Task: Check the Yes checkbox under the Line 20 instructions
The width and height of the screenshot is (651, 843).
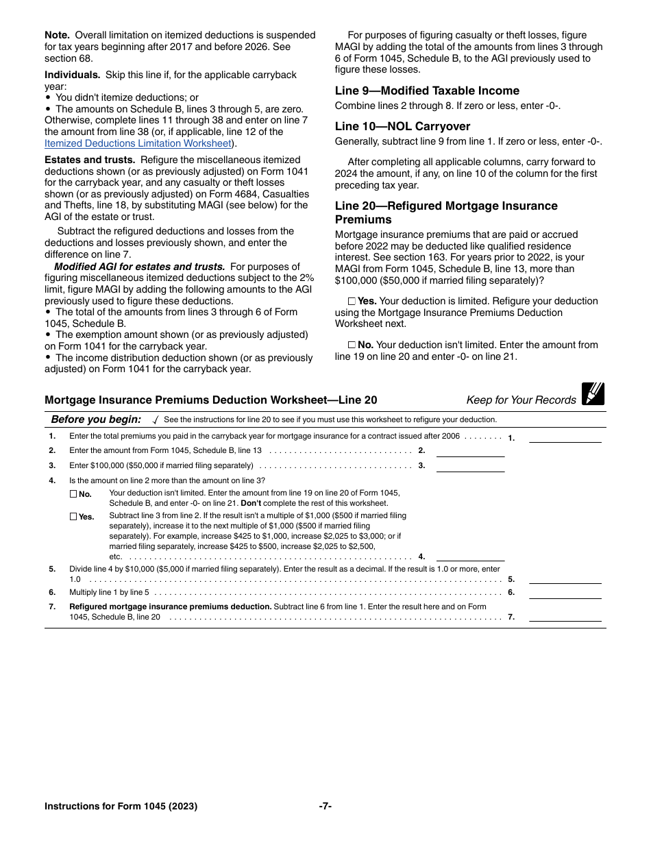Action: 352,301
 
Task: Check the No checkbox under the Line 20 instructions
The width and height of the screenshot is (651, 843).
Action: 352,345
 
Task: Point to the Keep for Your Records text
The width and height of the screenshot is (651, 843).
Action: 521,400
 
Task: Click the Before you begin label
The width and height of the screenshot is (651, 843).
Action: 96,419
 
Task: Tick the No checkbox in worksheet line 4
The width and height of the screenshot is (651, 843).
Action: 73,493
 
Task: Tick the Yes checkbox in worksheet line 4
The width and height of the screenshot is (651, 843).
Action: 73,517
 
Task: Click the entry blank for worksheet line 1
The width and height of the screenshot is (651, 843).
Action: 565,437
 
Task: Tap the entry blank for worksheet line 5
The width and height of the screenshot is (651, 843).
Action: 565,578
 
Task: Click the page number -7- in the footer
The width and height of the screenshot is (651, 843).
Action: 325,806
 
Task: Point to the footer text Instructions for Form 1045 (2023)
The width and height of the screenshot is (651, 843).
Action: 121,806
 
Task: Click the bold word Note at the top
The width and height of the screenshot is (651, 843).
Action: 58,35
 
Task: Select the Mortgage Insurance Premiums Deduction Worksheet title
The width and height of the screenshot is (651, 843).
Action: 210,400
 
